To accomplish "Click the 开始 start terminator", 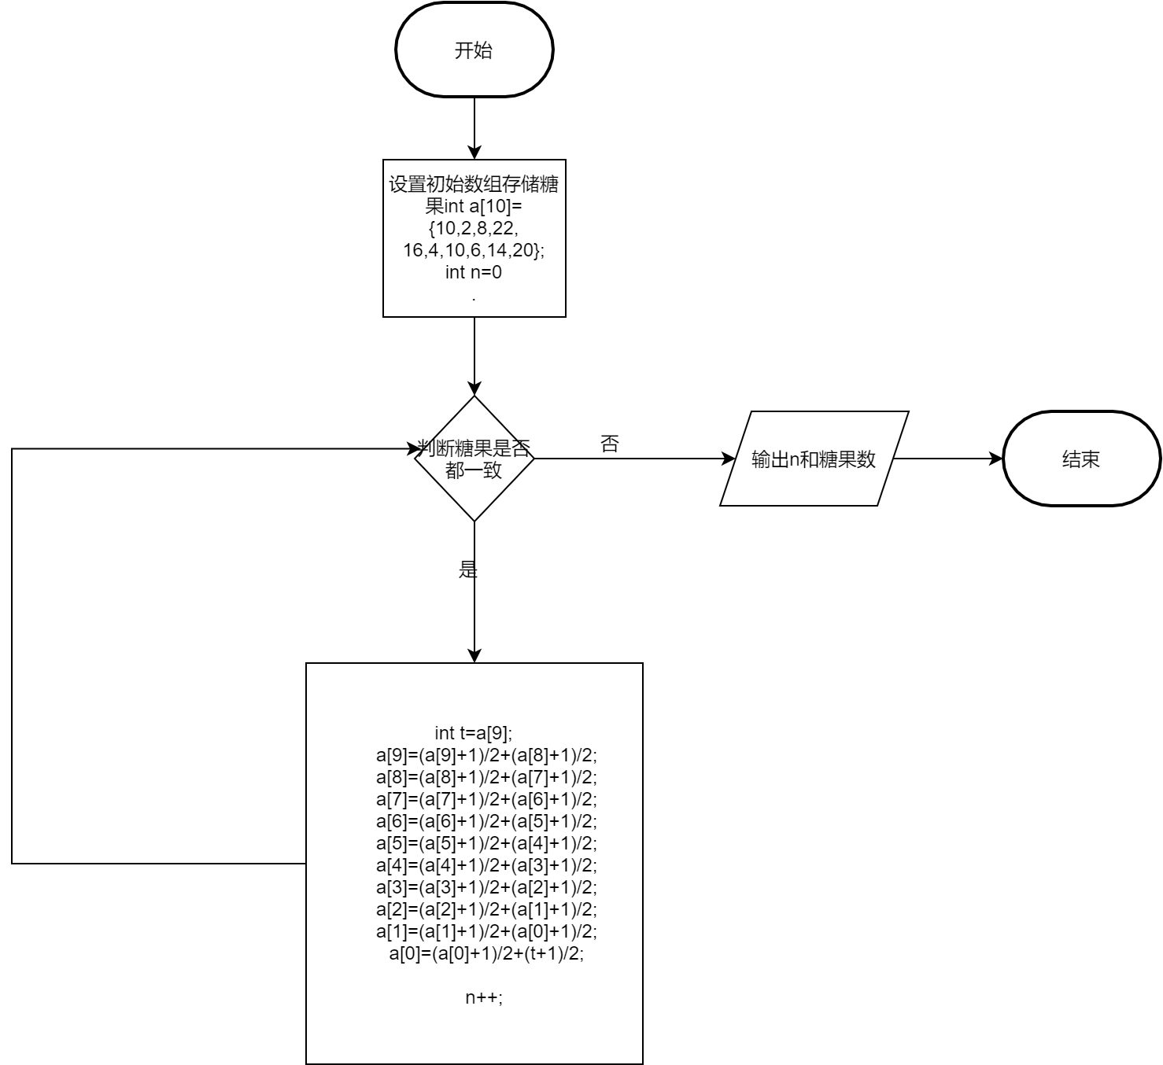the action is pos(474,50).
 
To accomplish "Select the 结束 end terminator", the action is pos(1081,459).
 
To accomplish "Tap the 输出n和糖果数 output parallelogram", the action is pos(814,459).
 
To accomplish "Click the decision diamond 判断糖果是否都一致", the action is pos(474,459).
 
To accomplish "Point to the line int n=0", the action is pos(474,273).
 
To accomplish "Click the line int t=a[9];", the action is pos(474,733).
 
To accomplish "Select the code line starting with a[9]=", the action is pos(486,755).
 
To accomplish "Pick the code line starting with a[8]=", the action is pos(486,777).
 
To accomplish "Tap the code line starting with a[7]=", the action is pos(486,799).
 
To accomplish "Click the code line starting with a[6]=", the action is pos(486,821).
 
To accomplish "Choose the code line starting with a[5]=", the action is pos(486,843).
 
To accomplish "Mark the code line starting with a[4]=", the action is pos(486,865).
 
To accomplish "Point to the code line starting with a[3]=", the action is pos(486,887).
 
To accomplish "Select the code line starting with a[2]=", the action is pos(486,909).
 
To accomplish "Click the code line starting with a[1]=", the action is pos(486,931).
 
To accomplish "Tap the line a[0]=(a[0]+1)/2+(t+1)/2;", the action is pos(486,953).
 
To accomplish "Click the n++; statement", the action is pos(483,997).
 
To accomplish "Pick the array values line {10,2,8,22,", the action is pos(474,229).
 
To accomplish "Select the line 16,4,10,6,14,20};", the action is pos(474,251).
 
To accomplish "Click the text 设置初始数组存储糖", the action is pos(474,185).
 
